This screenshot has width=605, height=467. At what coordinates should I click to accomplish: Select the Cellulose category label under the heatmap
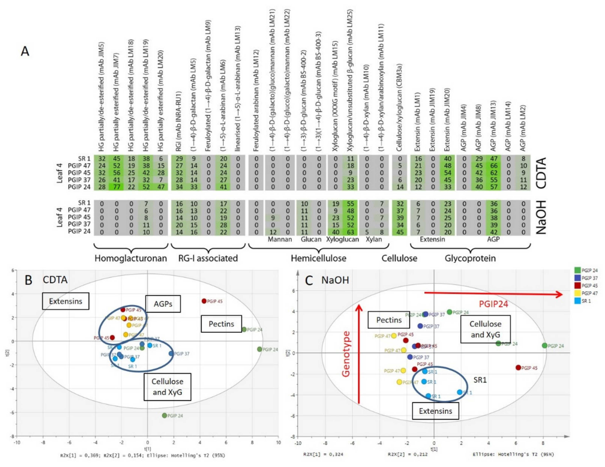pos(399,258)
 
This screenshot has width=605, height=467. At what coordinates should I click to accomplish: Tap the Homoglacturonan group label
pos(131,258)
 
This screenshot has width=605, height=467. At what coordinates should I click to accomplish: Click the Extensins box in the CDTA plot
pos(66,301)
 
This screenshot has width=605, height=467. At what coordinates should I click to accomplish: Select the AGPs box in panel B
pos(163,304)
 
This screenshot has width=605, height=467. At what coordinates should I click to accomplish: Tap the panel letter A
pos(25,51)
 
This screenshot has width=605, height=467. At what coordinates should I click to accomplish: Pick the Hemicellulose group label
pos(318,258)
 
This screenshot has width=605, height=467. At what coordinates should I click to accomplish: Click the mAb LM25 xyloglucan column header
pos(350,80)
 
